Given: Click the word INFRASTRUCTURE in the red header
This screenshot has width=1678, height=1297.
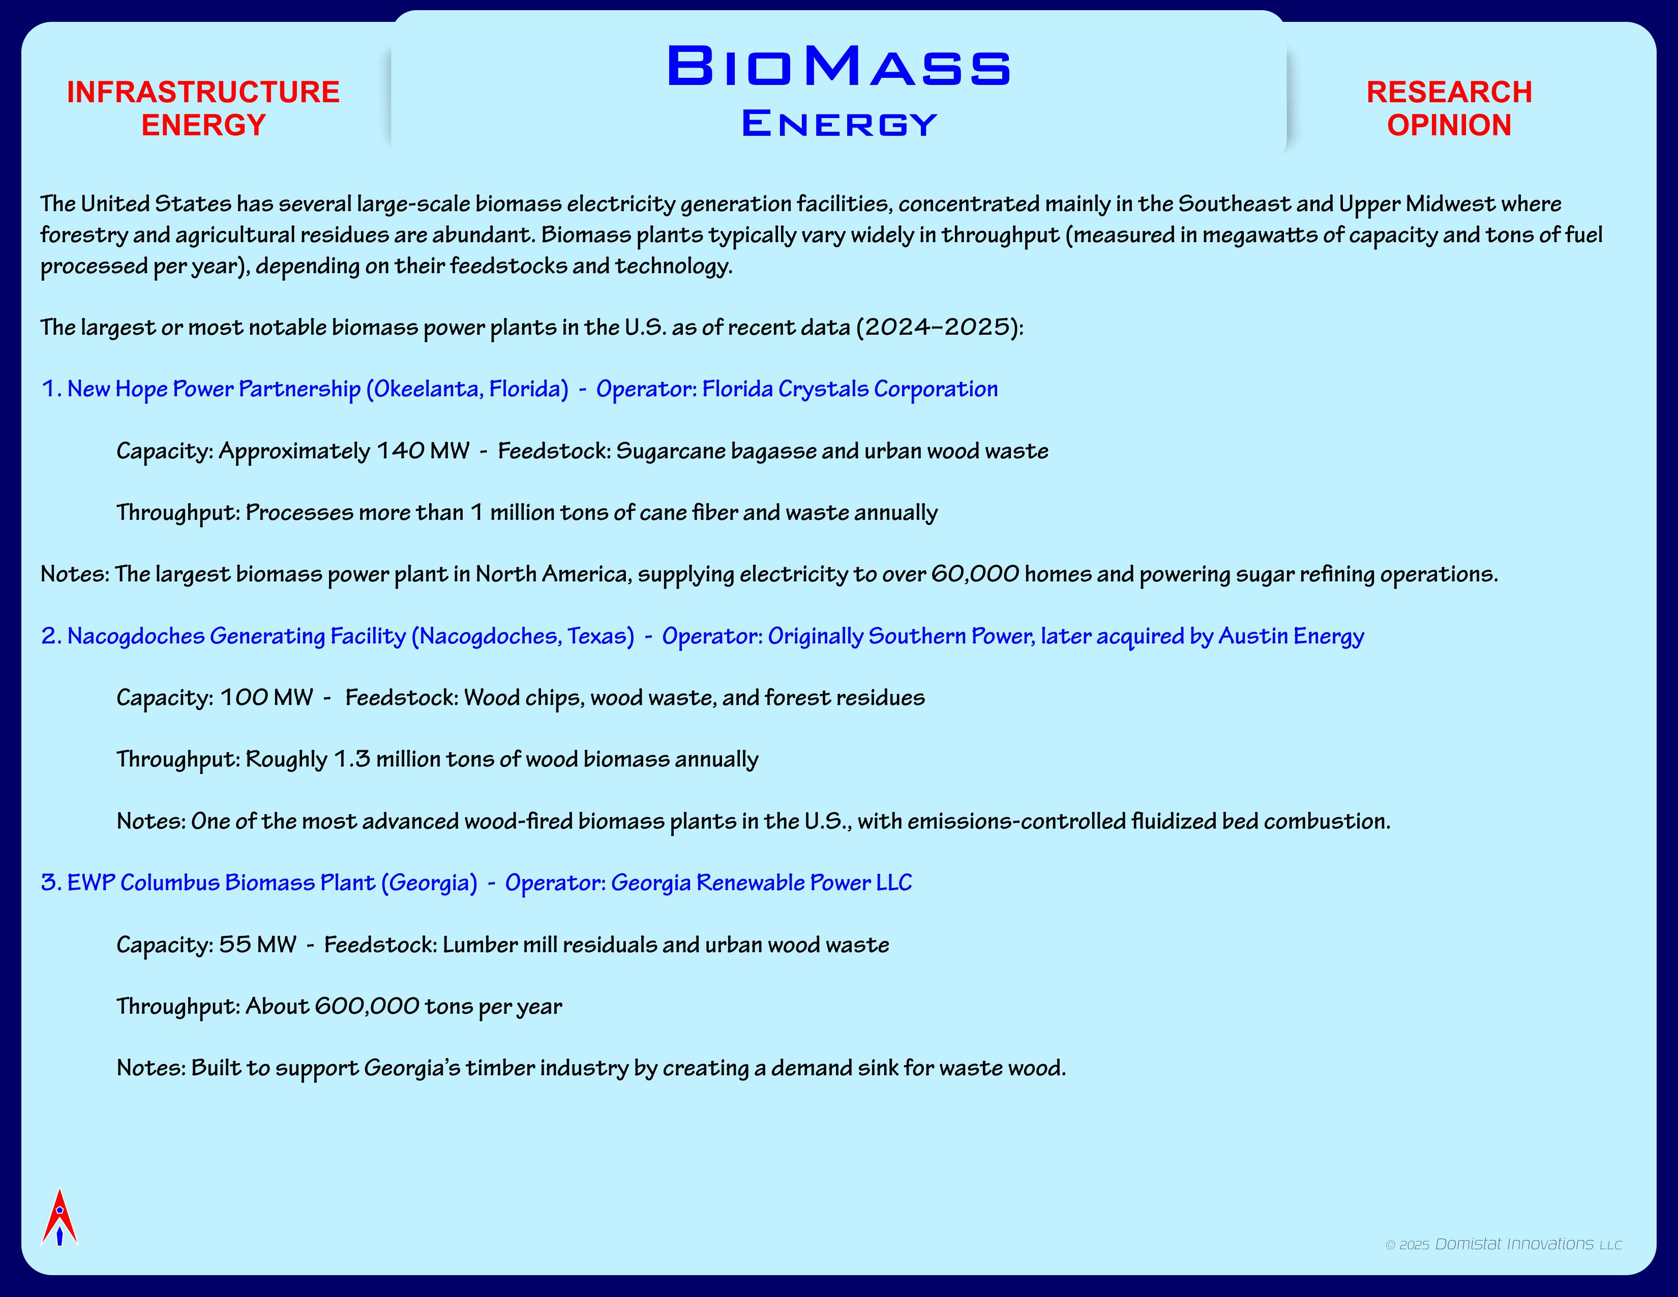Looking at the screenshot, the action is coord(203,92).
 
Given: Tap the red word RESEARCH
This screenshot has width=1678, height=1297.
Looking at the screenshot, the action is coord(1449,92).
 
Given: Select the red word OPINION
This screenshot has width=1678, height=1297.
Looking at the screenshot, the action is coord(1449,125).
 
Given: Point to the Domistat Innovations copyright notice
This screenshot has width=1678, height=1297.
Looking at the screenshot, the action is coord(1504,1244).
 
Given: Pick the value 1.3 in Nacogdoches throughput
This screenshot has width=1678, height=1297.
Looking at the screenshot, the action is coord(352,759).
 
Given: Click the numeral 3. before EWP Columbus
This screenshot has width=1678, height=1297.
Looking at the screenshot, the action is coord(51,883).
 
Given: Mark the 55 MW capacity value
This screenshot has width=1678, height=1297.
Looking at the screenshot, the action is coord(257,945).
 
